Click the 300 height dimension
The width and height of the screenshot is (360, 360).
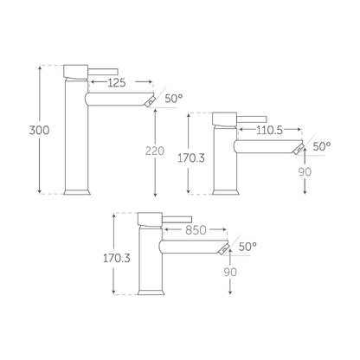(x=39, y=131)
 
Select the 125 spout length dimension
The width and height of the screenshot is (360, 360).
(x=117, y=83)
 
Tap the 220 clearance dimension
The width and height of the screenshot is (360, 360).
(x=155, y=151)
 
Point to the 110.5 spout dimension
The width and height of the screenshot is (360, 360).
(x=269, y=130)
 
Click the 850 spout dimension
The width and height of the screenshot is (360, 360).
(x=196, y=230)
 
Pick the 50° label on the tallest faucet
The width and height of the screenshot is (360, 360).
(x=174, y=99)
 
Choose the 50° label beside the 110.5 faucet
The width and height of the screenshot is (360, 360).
(x=322, y=146)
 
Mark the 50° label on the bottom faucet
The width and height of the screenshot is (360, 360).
(x=247, y=247)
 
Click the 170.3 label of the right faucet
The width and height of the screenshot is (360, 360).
(x=191, y=158)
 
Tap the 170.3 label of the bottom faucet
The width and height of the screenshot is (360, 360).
(x=117, y=258)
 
